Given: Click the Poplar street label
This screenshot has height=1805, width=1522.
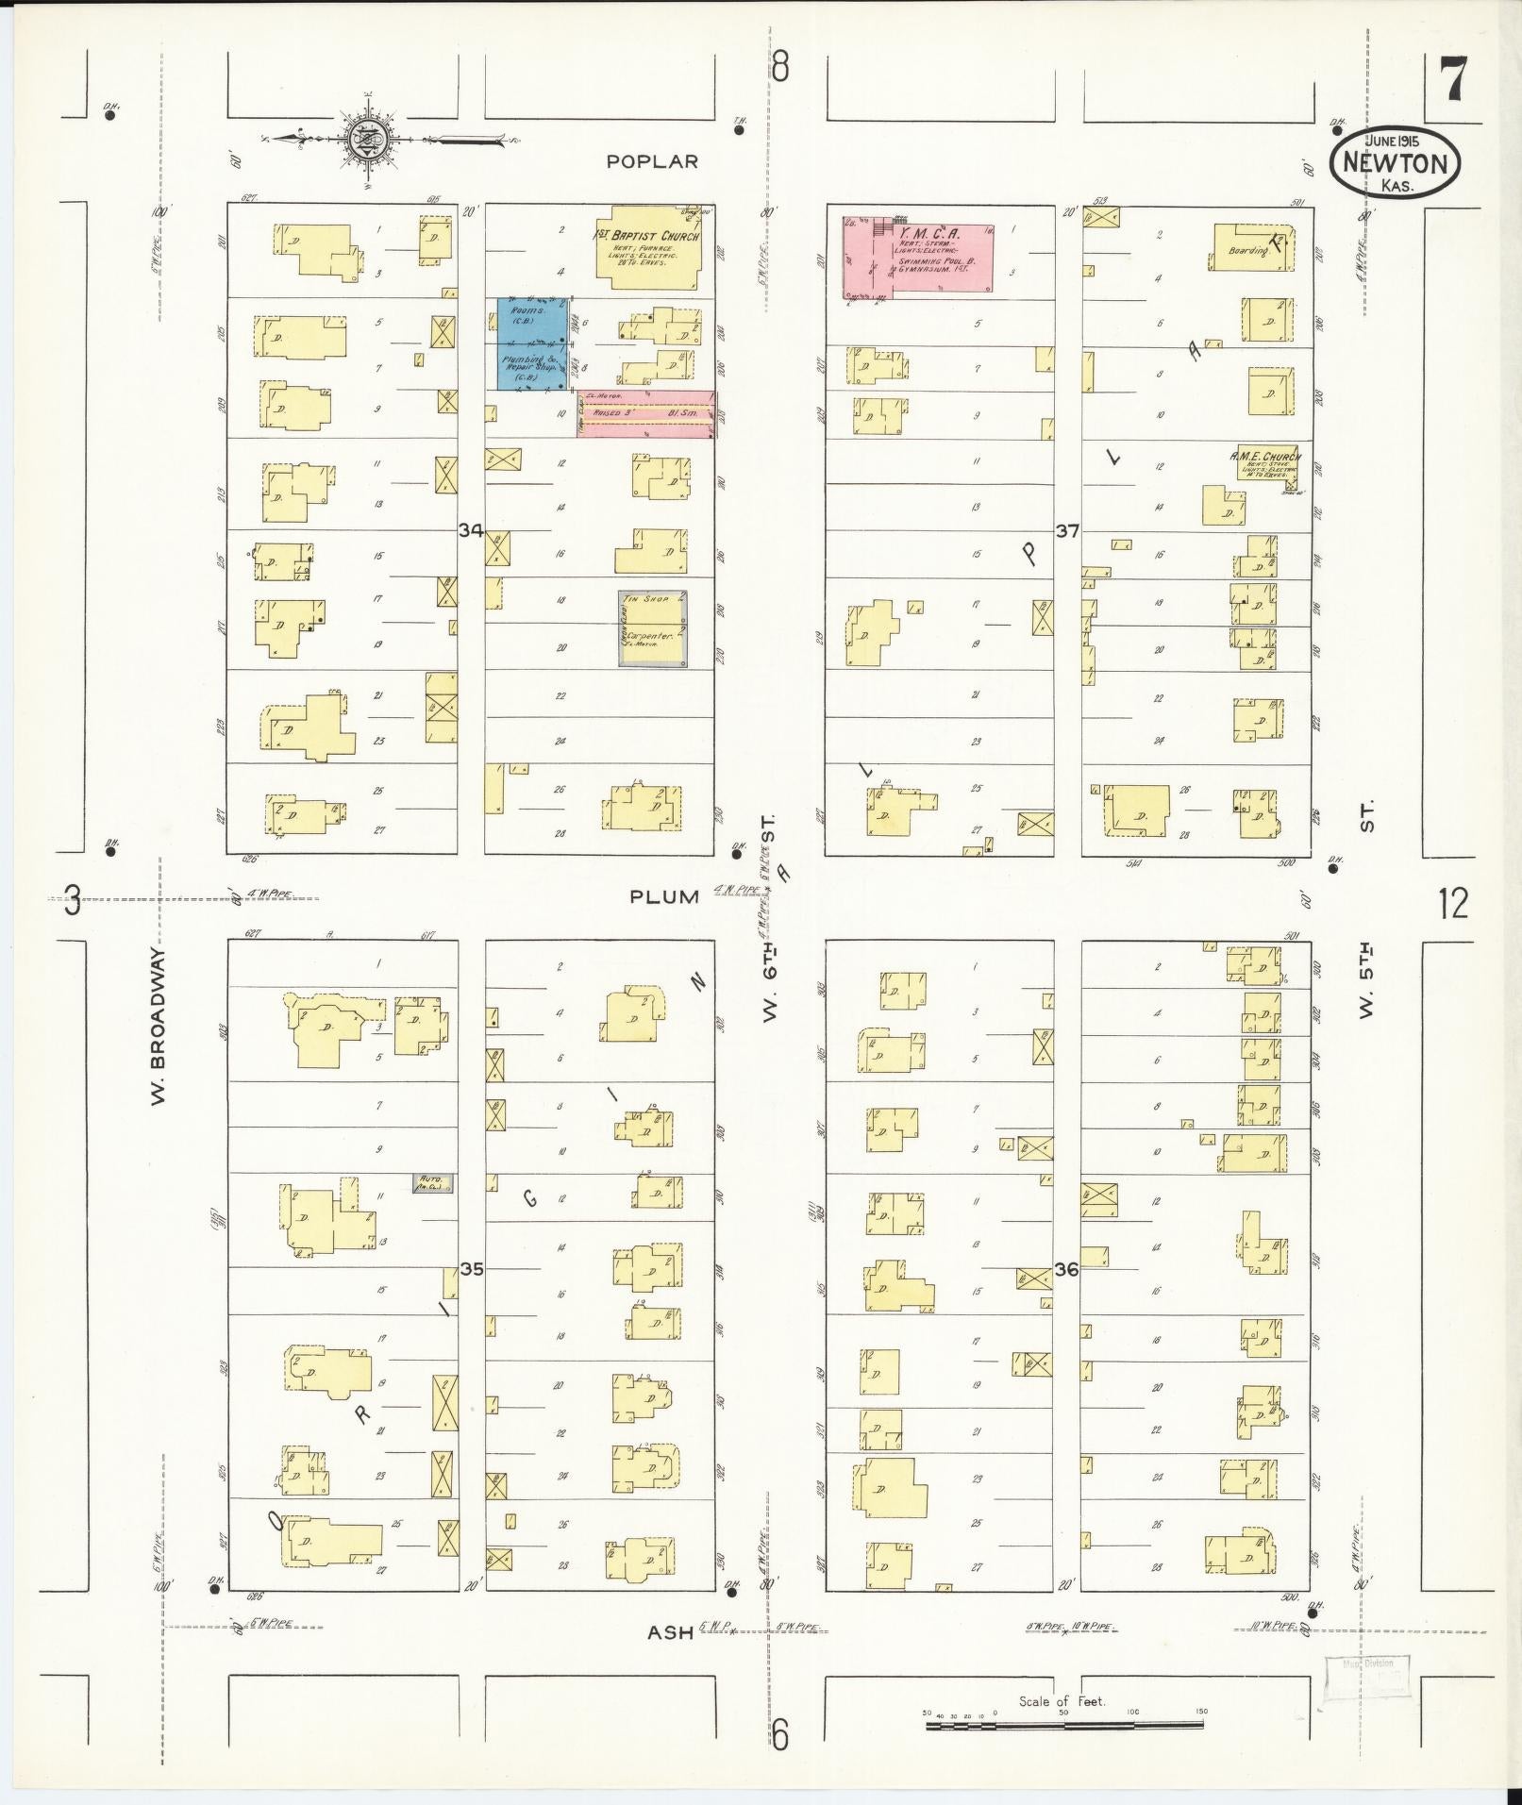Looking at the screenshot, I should tap(652, 161).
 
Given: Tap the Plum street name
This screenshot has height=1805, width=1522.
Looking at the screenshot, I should tap(666, 896).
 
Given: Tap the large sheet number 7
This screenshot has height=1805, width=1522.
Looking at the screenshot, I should tap(1451, 78).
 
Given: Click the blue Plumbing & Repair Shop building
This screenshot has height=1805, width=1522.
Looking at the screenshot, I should tap(532, 343).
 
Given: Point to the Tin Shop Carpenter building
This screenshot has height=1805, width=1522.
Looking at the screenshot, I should tap(652, 629).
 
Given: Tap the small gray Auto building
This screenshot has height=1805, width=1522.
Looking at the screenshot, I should tap(433, 1182).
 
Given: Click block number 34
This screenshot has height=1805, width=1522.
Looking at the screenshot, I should tap(471, 531).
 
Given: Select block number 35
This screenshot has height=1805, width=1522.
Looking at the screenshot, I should tap(471, 1268).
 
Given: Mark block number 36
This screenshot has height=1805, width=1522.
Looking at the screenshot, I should tap(1066, 1269).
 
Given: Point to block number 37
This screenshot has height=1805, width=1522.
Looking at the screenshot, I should tap(1066, 531).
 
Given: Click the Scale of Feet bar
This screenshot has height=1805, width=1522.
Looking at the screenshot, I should tap(1063, 1725).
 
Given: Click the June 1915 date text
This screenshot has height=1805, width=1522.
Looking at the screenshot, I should tap(1396, 141).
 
